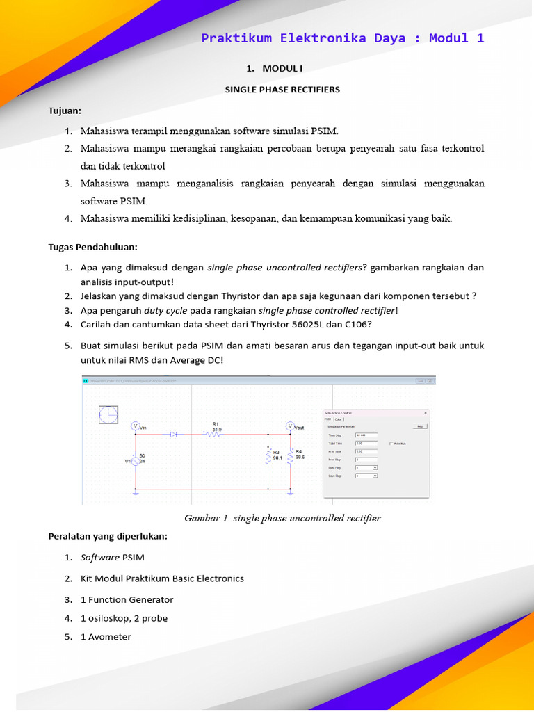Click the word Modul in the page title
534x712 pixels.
[448, 38]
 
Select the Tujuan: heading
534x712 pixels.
[65, 111]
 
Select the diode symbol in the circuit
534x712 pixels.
[174, 434]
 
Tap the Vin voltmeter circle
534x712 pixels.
[135, 426]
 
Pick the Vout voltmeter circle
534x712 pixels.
[290, 426]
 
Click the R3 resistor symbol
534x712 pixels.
[268, 457]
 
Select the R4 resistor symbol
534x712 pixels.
[291, 457]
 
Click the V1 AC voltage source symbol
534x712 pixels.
[135, 461]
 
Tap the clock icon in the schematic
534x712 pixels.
[108, 415]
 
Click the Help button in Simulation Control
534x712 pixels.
[419, 426]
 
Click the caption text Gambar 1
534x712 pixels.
[202, 519]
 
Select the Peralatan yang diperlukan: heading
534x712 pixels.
[107, 536]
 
